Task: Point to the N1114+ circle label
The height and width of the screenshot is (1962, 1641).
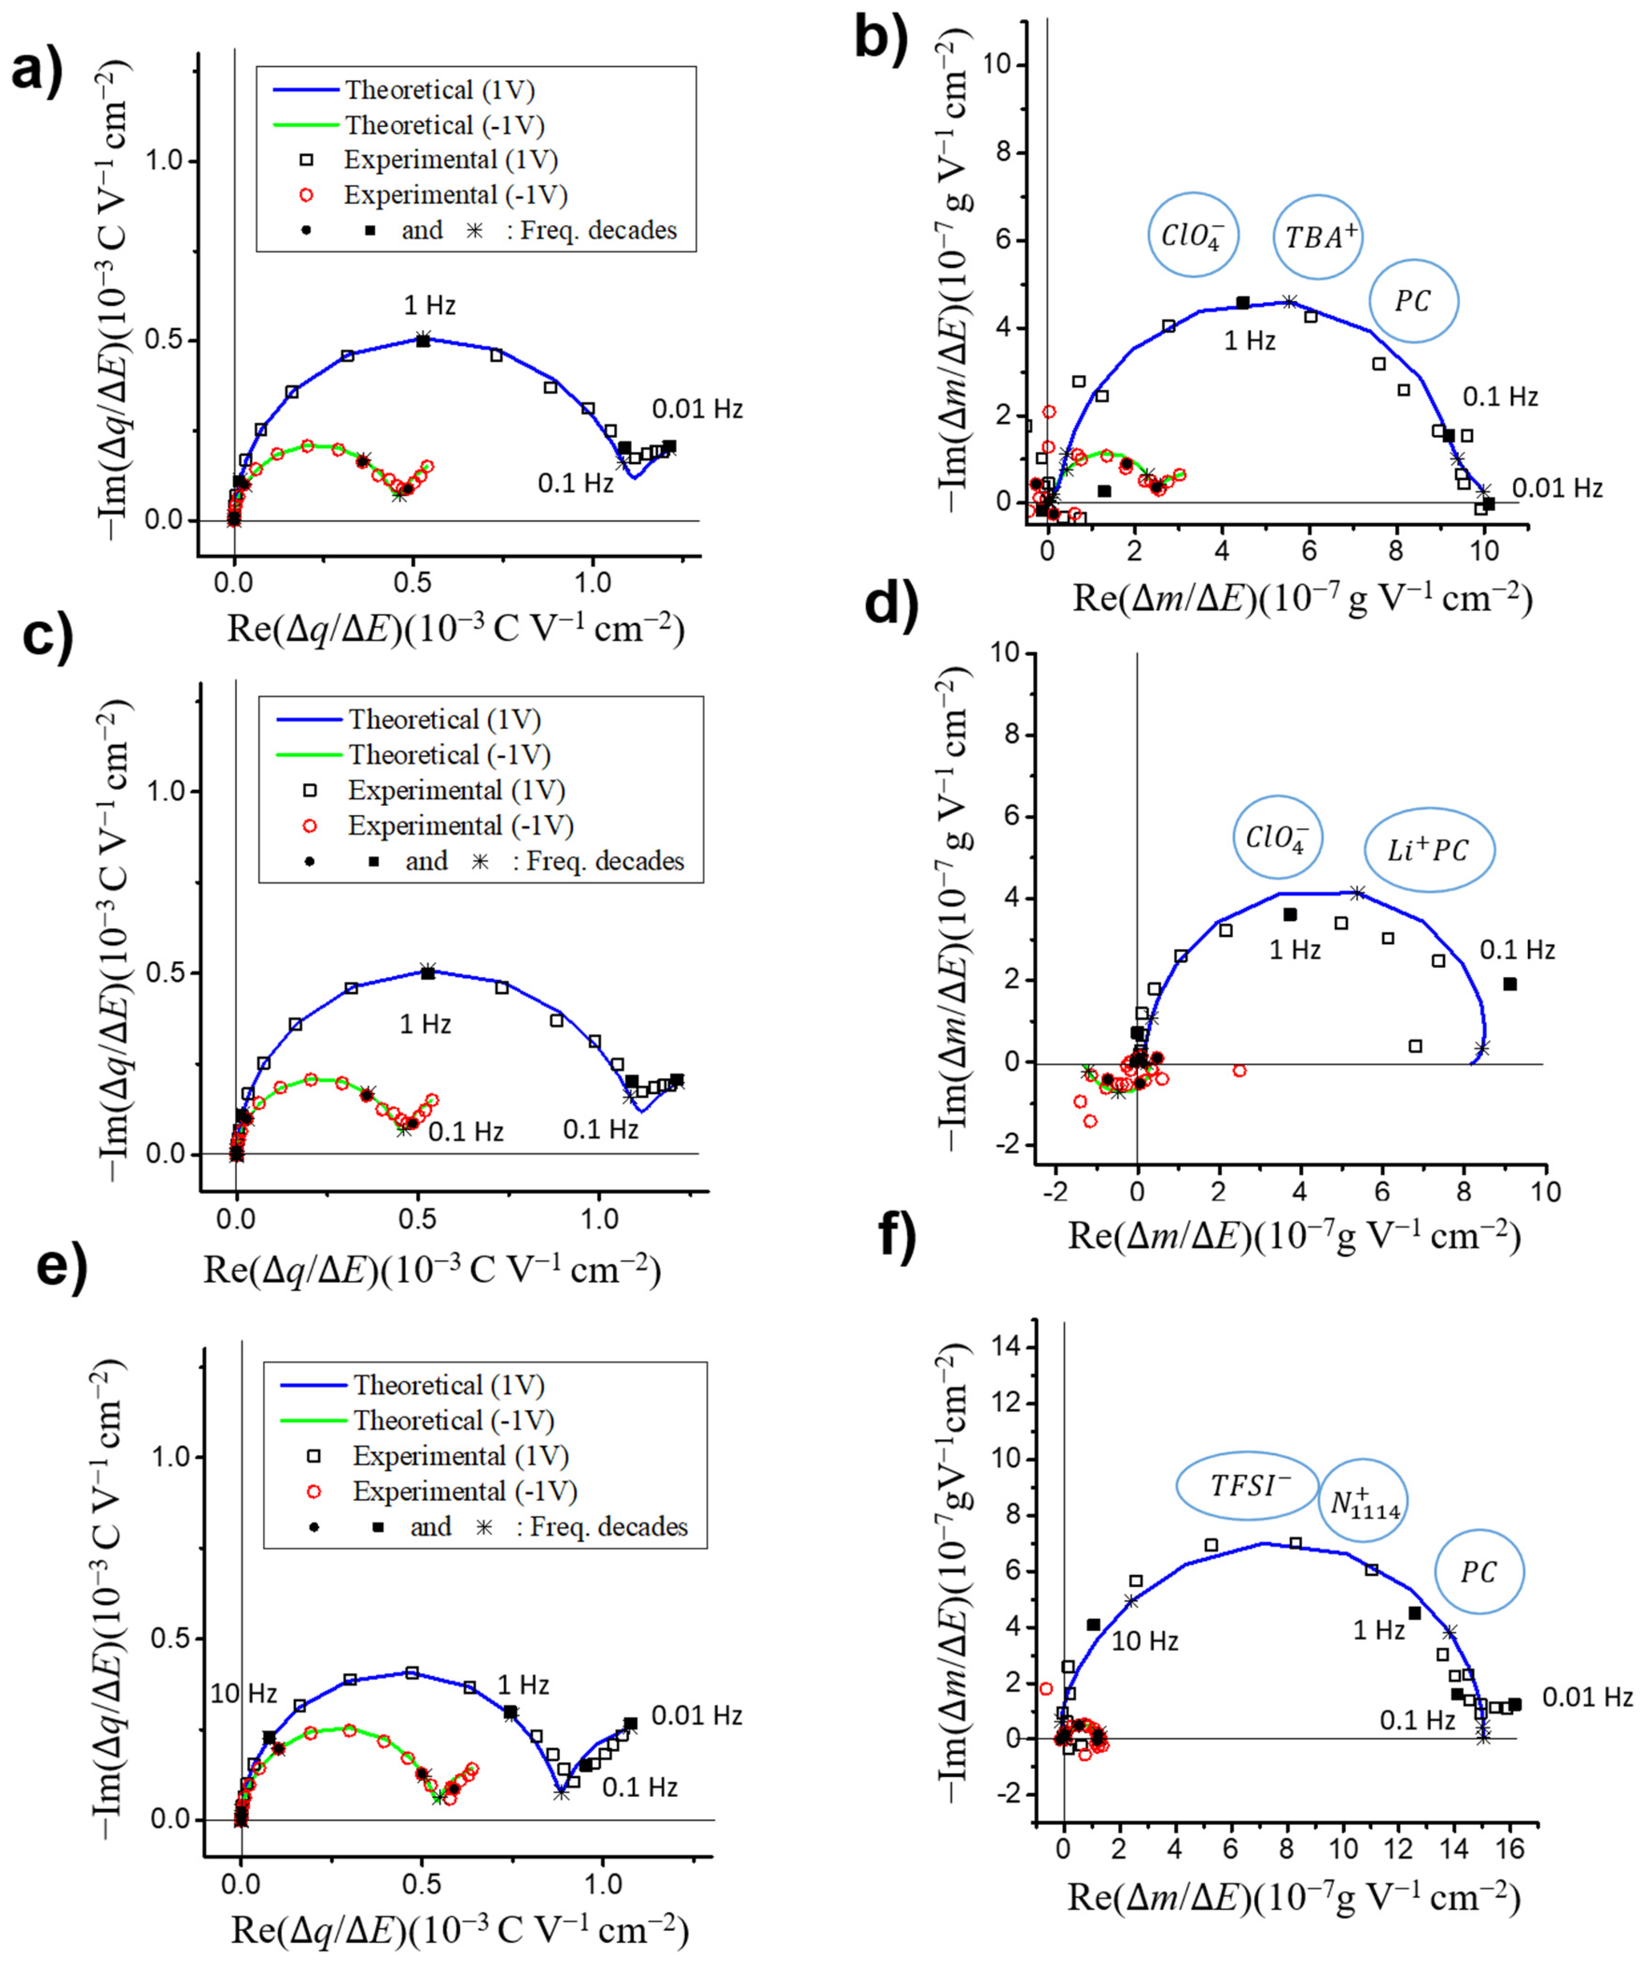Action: pyautogui.click(x=1365, y=1501)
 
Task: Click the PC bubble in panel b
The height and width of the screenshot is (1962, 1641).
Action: pyautogui.click(x=1413, y=301)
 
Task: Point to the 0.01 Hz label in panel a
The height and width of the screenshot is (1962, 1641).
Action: pyautogui.click(x=697, y=409)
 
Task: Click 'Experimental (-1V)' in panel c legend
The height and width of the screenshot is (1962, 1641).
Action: pyautogui.click(x=461, y=826)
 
